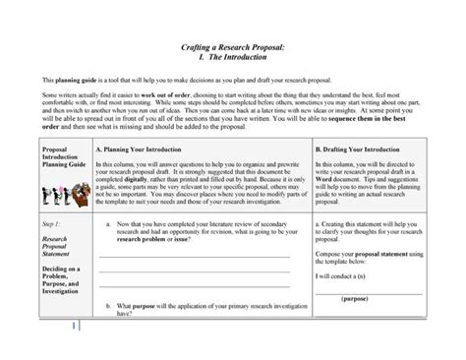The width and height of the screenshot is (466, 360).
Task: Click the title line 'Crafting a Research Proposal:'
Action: tap(233, 46)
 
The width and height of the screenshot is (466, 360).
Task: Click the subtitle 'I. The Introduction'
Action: tap(233, 57)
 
